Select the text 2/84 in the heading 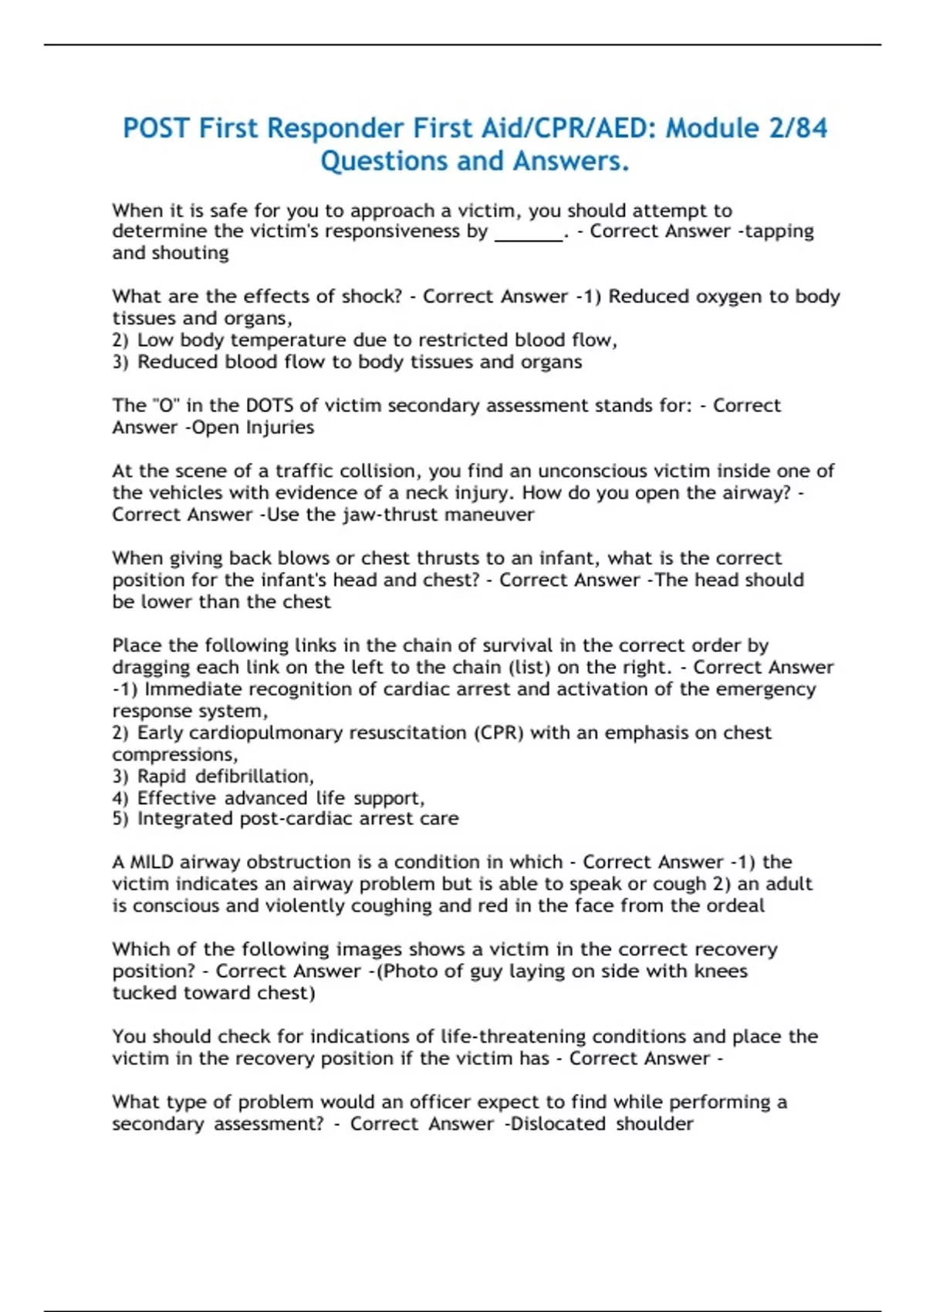coord(799,128)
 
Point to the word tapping coord(779,232)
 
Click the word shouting coord(191,253)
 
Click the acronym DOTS coord(270,406)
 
